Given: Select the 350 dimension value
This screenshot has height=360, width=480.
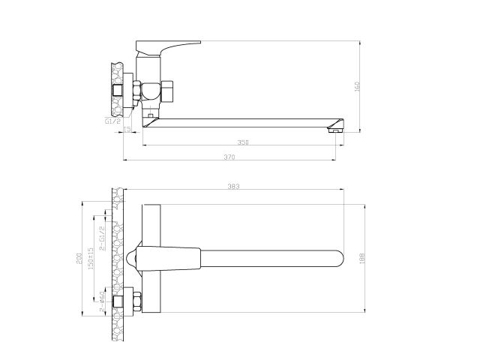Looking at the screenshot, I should (x=242, y=142).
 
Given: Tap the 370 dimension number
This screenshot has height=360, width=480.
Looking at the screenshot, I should (x=229, y=157).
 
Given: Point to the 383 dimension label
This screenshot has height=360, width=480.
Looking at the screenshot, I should (x=232, y=187).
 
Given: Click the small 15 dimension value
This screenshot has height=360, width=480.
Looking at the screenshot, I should (x=127, y=130).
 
